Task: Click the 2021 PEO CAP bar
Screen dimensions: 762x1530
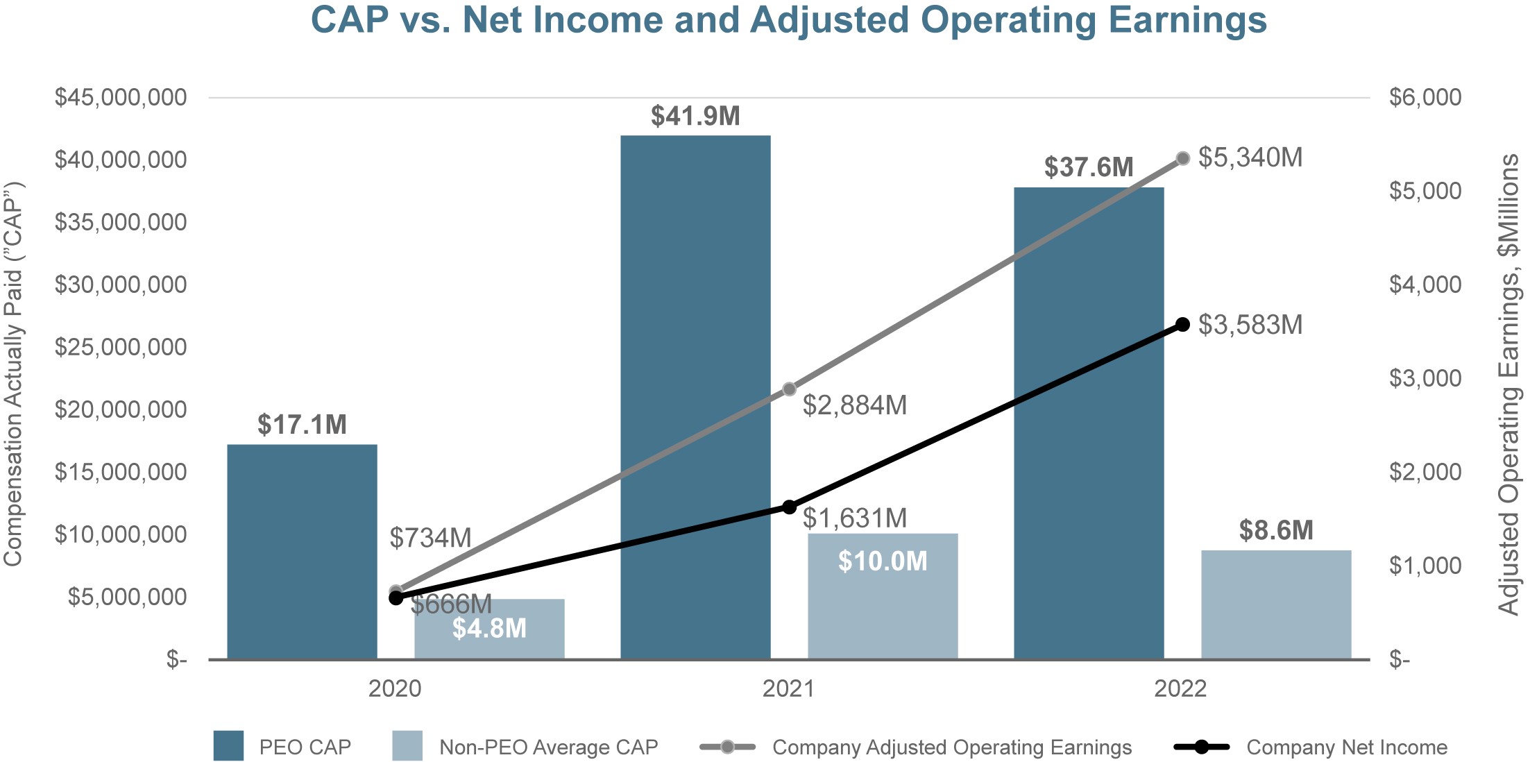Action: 695,396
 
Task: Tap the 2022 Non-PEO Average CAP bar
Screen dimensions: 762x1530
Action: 1276,604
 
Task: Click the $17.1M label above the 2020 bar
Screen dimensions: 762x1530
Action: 302,425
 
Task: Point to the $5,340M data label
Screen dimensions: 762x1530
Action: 1250,158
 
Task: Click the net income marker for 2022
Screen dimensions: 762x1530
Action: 1183,324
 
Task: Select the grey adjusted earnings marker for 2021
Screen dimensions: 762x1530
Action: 789,389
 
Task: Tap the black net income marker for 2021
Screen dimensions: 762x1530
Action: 789,507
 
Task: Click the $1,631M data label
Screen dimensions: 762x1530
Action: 855,518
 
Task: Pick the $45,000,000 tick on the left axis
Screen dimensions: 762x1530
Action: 121,97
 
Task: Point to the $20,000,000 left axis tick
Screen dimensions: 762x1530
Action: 121,409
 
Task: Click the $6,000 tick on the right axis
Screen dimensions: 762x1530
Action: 1425,97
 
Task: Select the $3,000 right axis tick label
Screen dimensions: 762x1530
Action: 1425,378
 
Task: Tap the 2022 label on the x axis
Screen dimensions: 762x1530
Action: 1180,688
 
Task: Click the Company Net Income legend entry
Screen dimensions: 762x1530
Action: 1346,747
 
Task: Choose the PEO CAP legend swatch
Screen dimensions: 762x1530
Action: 228,746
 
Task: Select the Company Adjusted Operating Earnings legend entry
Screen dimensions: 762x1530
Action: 951,747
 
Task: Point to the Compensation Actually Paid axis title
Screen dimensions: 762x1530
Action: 14,375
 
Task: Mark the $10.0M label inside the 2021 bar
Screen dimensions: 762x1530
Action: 883,561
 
